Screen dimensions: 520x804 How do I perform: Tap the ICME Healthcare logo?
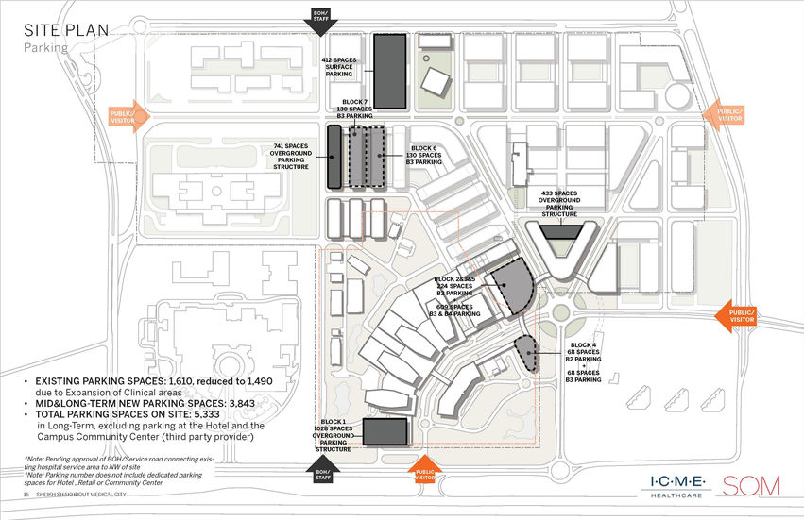(x=677, y=484)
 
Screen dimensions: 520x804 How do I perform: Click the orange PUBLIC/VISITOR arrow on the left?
(x=124, y=114)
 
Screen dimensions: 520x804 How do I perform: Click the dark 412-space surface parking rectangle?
(x=389, y=71)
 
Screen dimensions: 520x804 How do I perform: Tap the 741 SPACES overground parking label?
(x=291, y=157)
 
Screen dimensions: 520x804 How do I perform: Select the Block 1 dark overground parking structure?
(x=385, y=432)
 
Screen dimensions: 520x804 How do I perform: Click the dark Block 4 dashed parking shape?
(x=525, y=352)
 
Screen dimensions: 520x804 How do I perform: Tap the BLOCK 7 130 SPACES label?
(x=355, y=109)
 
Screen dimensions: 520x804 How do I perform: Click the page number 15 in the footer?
(x=26, y=496)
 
